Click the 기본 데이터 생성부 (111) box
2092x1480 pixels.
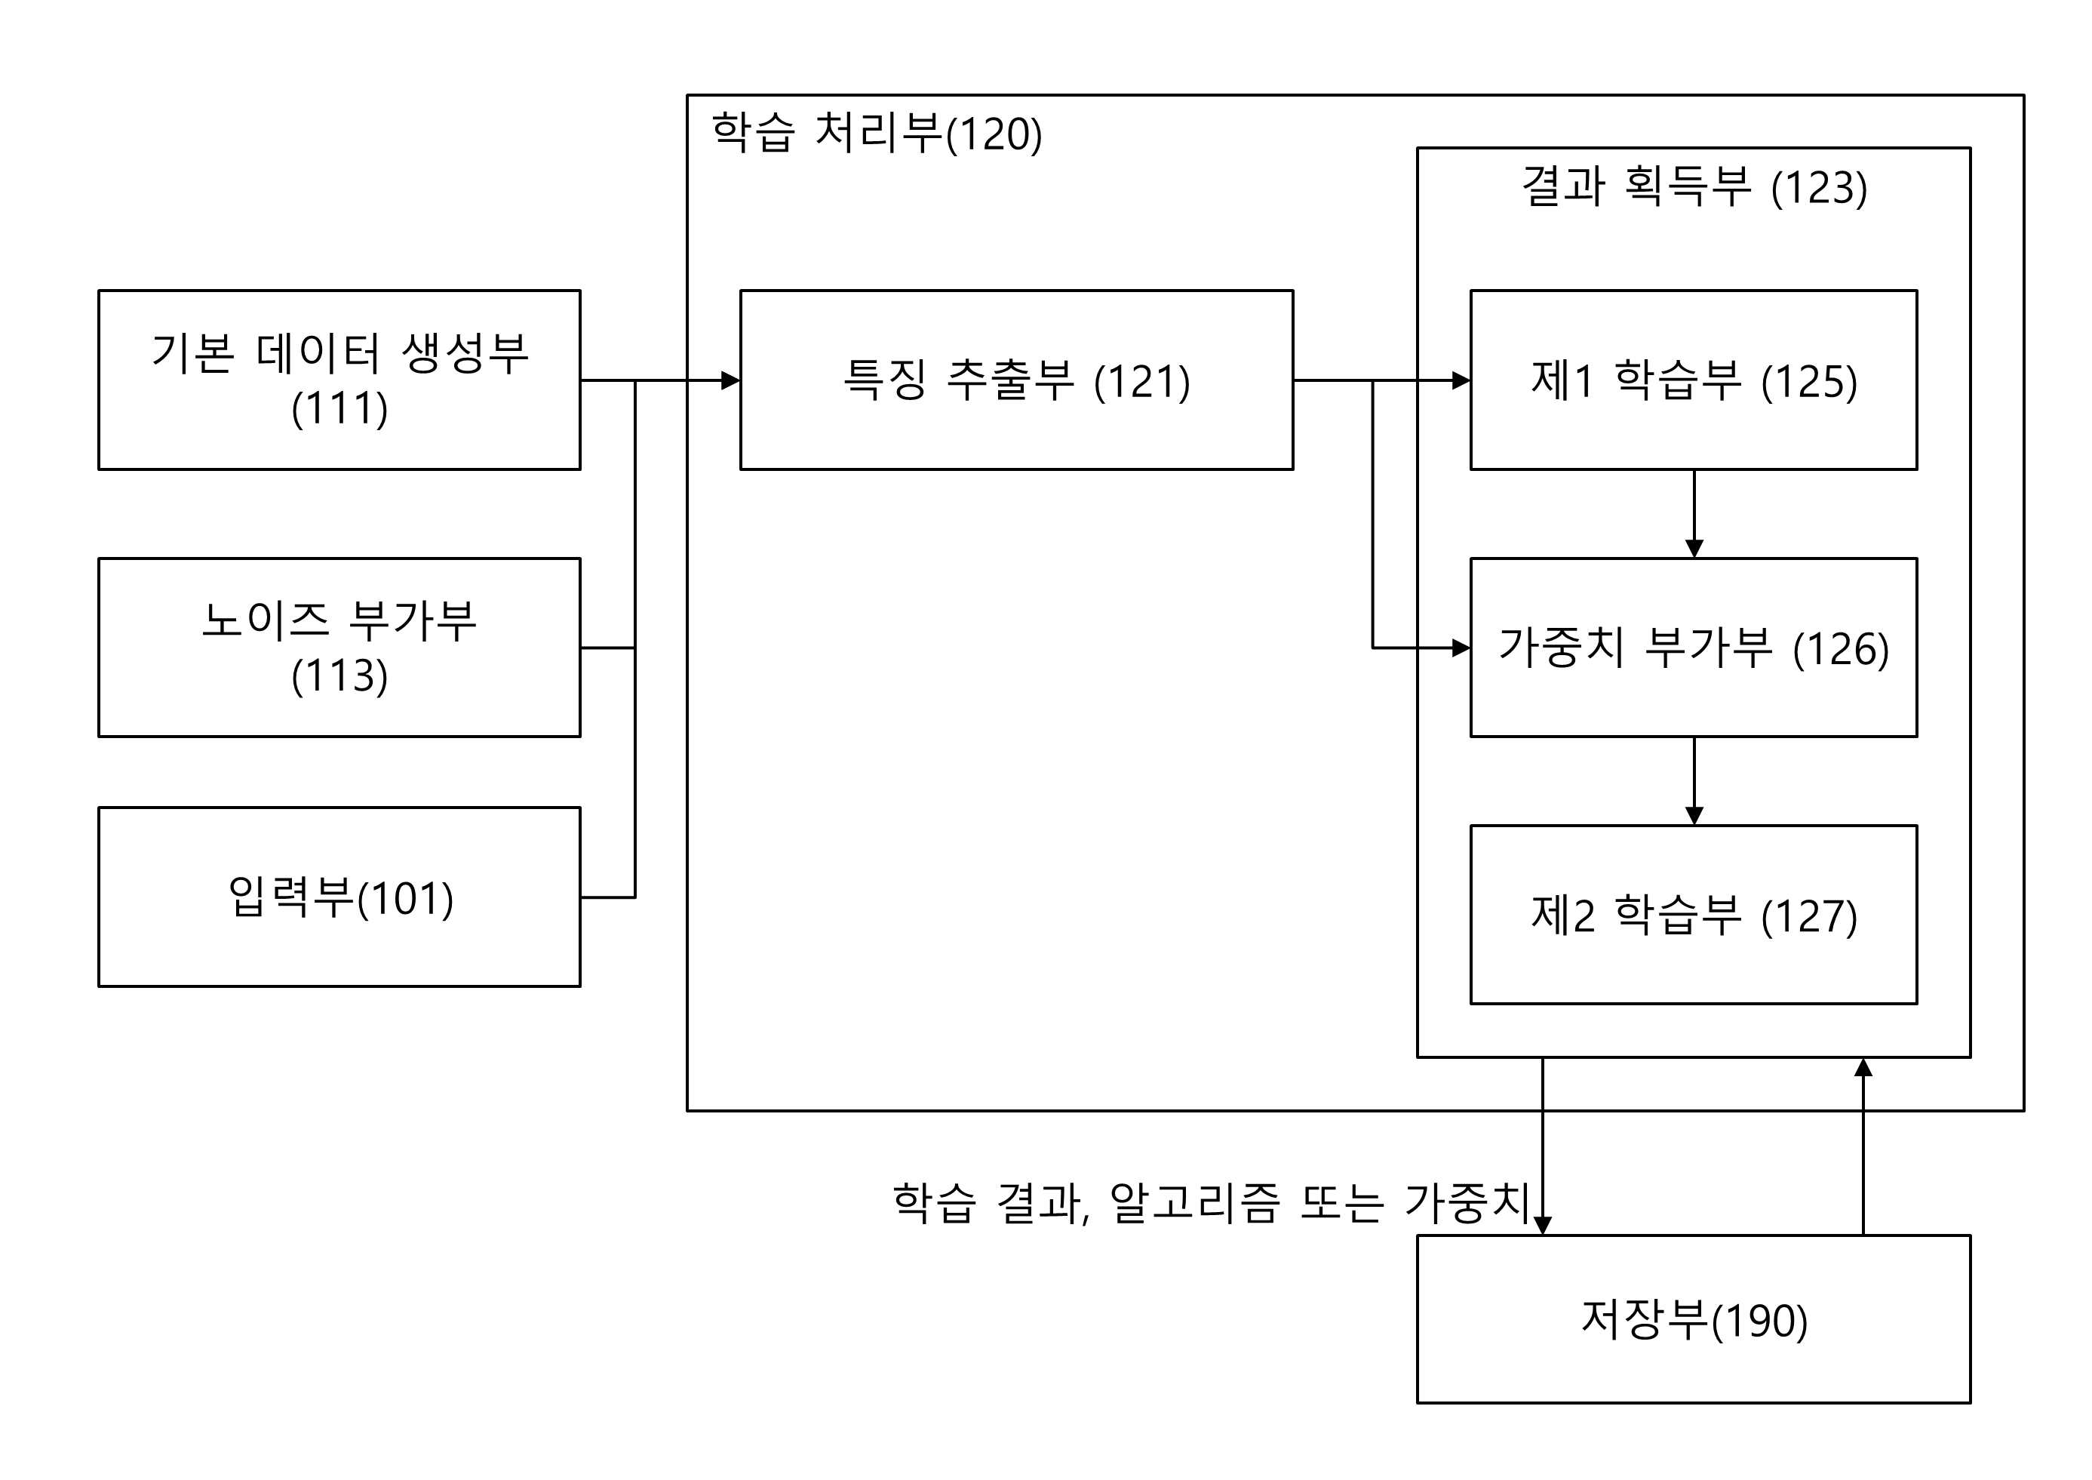point(339,380)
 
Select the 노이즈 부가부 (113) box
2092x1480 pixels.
point(339,647)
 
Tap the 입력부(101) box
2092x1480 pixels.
point(339,897)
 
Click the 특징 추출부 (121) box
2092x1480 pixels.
point(1016,380)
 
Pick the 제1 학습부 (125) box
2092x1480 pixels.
point(1694,380)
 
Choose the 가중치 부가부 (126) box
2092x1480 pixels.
point(1694,647)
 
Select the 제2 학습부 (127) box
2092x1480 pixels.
point(1694,915)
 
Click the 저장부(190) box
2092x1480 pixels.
point(1694,1318)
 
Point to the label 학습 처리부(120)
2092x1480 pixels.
point(877,133)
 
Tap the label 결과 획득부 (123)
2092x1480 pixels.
point(1694,187)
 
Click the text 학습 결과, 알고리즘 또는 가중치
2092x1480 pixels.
point(1211,1203)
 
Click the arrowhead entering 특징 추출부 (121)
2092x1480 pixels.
point(731,380)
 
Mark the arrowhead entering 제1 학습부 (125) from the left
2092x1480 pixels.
point(1461,380)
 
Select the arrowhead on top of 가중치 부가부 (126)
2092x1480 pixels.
point(1694,549)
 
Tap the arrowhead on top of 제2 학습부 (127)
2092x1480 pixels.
point(1694,816)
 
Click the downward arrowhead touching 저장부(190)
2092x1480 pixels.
point(1542,1226)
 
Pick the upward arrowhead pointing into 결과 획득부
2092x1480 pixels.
point(1863,1067)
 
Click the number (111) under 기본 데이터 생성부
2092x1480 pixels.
point(339,408)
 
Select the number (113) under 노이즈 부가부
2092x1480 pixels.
point(339,675)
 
